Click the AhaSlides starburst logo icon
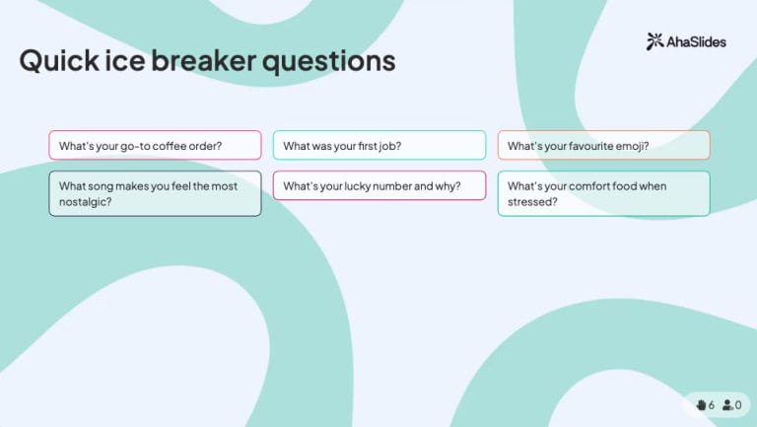point(654,41)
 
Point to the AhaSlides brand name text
point(698,41)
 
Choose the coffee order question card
point(155,145)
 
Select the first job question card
point(379,145)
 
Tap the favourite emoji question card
point(603,145)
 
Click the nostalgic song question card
point(155,193)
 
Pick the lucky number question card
point(379,185)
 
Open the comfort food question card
point(603,193)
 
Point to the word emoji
point(632,146)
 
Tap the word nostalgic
point(85,201)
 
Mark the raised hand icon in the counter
point(701,404)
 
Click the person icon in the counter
point(727,404)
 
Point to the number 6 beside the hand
point(712,404)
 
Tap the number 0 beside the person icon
point(738,404)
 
